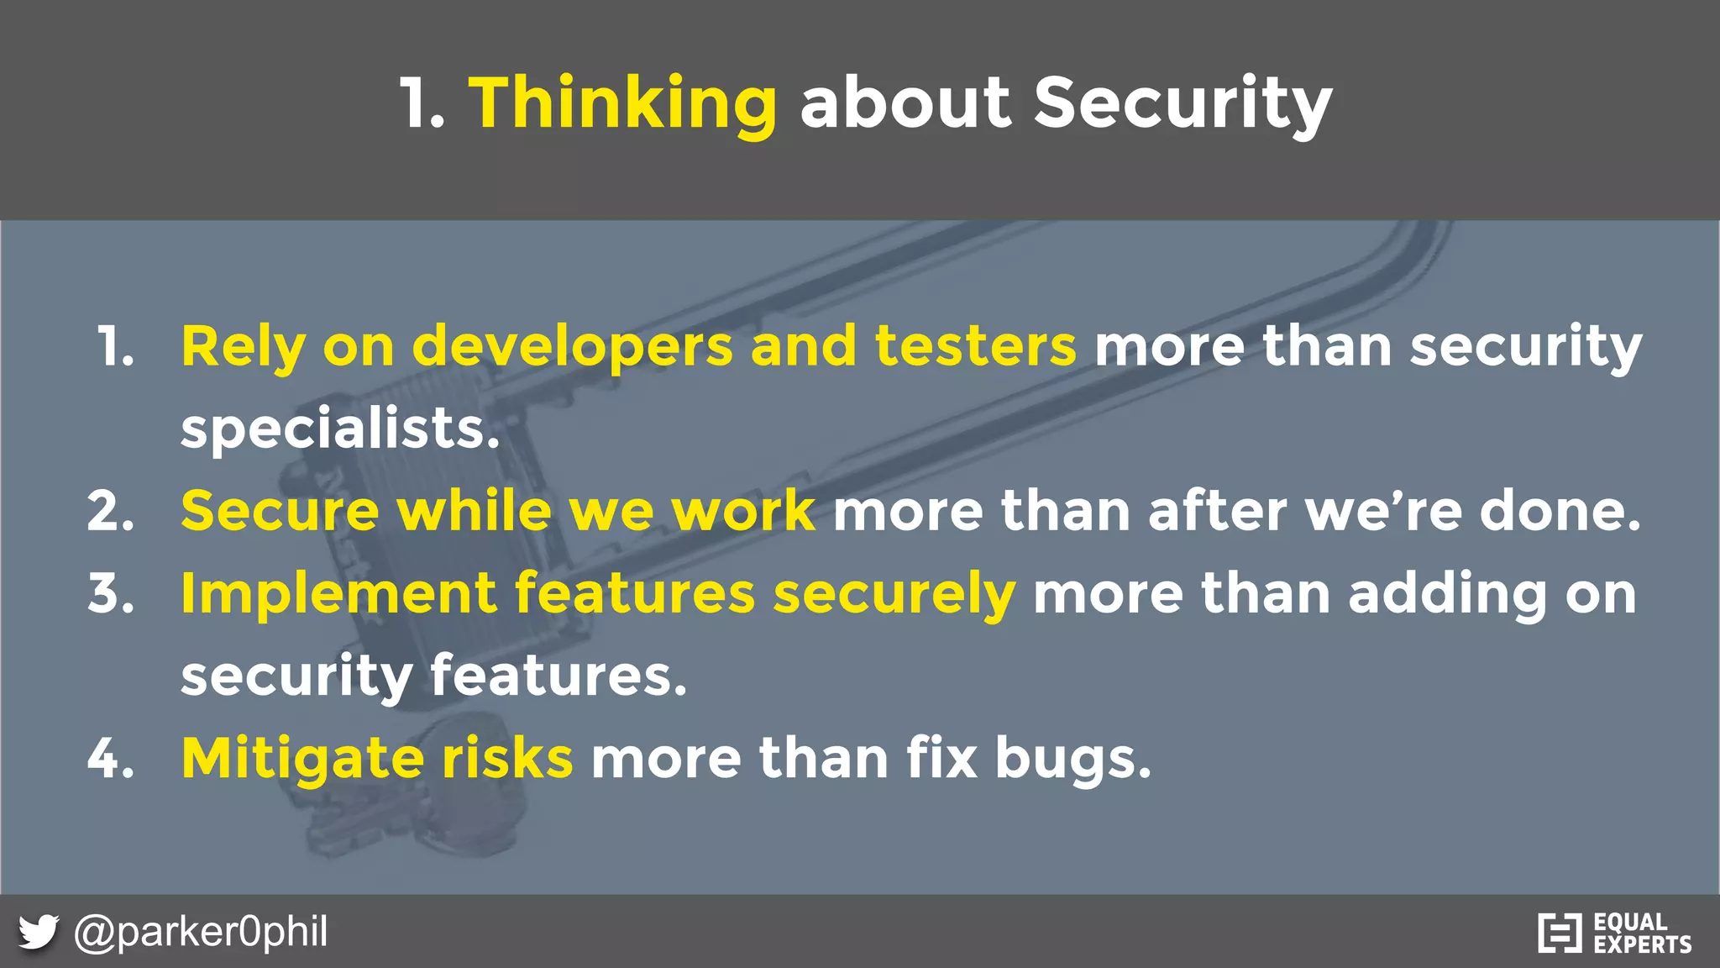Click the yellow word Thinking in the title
622,103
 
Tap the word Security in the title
1182,103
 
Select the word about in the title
905,103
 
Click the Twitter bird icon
38,932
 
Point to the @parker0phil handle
201,932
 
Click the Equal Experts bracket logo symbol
1560,933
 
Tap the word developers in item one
572,346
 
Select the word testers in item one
975,346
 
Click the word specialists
339,429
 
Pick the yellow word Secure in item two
280,511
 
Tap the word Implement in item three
338,593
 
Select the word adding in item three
1447,593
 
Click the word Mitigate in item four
302,759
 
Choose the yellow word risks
507,759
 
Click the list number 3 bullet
110,593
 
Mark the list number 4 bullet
110,759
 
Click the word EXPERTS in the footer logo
1642,944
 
